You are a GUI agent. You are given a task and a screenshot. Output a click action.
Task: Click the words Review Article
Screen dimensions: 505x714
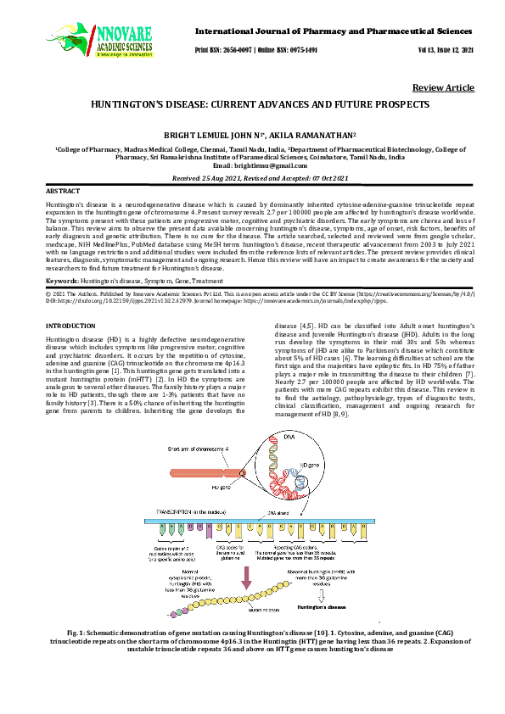point(443,88)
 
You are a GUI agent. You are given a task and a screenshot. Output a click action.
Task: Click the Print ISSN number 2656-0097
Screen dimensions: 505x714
point(241,50)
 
